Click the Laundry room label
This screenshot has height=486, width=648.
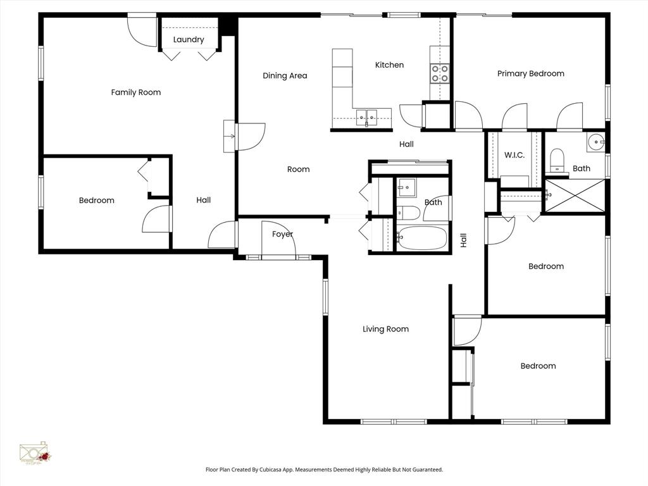(189, 40)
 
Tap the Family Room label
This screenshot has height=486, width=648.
(136, 92)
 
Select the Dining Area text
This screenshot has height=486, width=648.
(285, 76)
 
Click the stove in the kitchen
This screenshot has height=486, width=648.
(440, 73)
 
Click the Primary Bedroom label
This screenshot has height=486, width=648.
(530, 73)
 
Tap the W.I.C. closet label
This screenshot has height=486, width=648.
(514, 155)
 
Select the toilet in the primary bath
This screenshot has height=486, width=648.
(557, 159)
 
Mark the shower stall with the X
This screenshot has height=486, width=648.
(575, 196)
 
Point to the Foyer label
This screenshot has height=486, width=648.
(282, 234)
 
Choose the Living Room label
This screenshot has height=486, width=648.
(385, 329)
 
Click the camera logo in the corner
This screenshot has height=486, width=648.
(35, 452)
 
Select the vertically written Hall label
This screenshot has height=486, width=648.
(463, 240)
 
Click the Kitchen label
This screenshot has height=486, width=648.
(389, 65)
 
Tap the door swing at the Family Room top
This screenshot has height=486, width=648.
(142, 29)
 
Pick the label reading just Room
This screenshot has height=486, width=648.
(298, 169)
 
